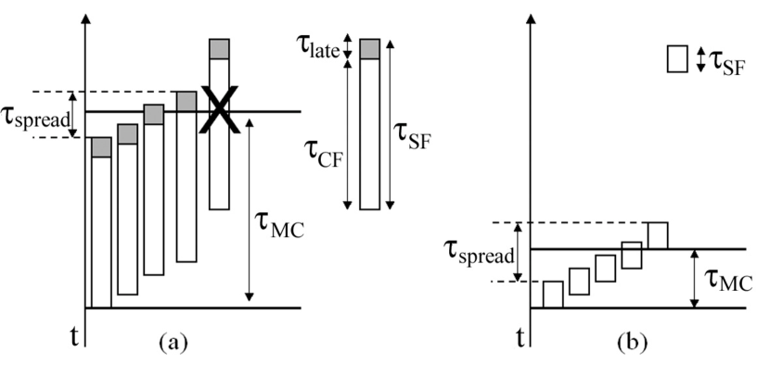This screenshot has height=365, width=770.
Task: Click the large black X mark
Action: (x=219, y=111)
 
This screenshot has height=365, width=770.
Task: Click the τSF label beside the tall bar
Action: (x=414, y=140)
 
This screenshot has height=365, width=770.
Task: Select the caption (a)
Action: (x=169, y=343)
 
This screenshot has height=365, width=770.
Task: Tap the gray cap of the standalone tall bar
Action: (x=369, y=49)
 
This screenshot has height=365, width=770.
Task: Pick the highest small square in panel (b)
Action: (x=658, y=235)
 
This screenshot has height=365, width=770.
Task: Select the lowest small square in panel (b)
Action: (x=553, y=294)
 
